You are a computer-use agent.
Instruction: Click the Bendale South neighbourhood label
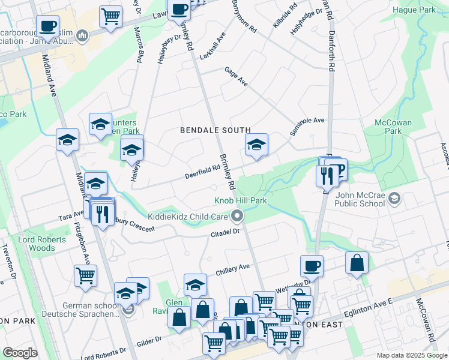point(215,130)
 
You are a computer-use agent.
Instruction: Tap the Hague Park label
point(414,10)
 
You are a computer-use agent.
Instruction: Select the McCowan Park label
point(393,127)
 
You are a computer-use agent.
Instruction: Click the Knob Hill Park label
point(240,200)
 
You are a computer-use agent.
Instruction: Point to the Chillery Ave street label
point(232,271)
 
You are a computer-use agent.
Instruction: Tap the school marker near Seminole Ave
point(256,144)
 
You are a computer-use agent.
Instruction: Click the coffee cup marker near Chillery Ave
point(312,265)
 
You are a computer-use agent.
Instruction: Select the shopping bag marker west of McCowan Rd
point(357,262)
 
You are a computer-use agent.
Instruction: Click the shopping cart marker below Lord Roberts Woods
point(86,275)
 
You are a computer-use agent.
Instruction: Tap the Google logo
point(20,353)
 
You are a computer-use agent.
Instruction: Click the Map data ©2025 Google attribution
point(411,355)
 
